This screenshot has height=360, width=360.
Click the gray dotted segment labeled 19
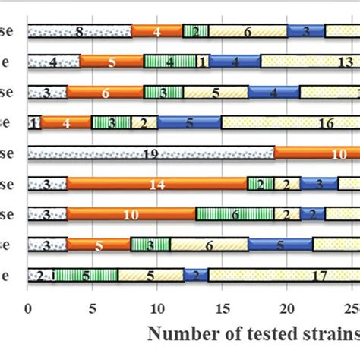[x=150, y=153]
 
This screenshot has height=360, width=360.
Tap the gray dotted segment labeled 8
[x=79, y=30]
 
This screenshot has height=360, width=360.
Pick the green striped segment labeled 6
[x=235, y=214]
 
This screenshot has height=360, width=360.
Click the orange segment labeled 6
[x=105, y=92]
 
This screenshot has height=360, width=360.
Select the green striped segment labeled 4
[x=169, y=61]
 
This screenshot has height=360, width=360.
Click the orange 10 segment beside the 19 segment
[x=317, y=153]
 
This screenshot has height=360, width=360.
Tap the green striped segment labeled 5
[x=85, y=276]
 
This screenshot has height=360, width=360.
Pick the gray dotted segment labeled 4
[x=53, y=61]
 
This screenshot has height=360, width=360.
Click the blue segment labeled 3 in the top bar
[x=306, y=30]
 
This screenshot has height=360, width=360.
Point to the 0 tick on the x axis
[x=27, y=308]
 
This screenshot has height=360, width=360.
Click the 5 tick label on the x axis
[x=92, y=308]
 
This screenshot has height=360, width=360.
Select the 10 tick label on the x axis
[x=157, y=308]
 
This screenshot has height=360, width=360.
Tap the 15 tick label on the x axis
[x=222, y=308]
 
